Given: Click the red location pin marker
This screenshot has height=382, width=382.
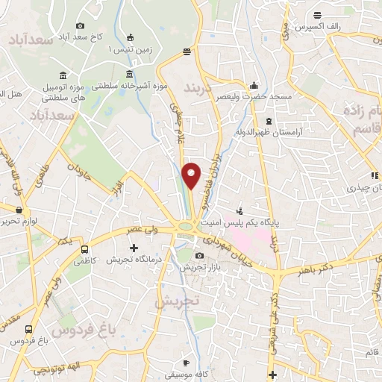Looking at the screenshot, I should (192, 175).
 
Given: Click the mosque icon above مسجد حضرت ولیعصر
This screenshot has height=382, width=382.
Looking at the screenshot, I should (255, 84).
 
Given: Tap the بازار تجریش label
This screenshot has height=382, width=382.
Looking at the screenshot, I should (200, 267).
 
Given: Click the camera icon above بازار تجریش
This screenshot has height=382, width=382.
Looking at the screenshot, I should (199, 256).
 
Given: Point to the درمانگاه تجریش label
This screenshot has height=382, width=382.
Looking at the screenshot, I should (134, 260).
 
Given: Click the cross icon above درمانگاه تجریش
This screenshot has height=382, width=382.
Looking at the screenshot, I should (134, 248).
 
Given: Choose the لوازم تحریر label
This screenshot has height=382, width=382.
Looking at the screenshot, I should (17, 222).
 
